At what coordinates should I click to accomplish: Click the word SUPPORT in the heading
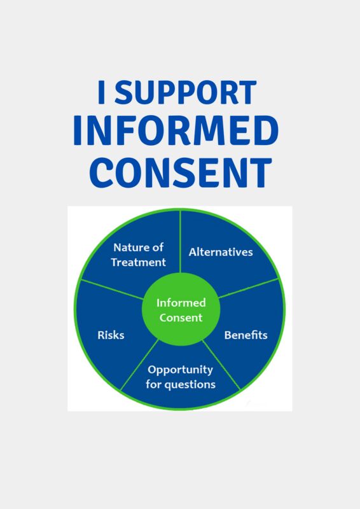pyautogui.click(x=185, y=92)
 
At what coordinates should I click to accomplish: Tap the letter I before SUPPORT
pyautogui.click(x=101, y=92)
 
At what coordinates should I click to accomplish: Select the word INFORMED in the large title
pyautogui.click(x=176, y=130)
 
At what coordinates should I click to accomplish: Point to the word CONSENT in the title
pyautogui.click(x=181, y=172)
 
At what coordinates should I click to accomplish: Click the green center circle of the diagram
pyautogui.click(x=181, y=309)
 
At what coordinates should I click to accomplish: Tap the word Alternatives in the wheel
pyautogui.click(x=221, y=252)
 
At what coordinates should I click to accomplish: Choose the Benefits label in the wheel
pyautogui.click(x=246, y=335)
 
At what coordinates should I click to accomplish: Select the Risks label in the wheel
pyautogui.click(x=111, y=335)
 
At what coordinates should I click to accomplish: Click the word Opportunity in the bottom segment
pyautogui.click(x=180, y=370)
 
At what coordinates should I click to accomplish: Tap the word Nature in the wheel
pyautogui.click(x=129, y=248)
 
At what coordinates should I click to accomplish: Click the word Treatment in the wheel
pyautogui.click(x=138, y=262)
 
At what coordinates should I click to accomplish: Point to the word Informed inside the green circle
pyautogui.click(x=181, y=303)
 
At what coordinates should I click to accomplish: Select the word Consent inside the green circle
pyautogui.click(x=181, y=317)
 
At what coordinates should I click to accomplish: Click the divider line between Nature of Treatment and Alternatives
pyautogui.click(x=180, y=242)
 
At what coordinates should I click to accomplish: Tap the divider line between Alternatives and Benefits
pyautogui.click(x=249, y=288)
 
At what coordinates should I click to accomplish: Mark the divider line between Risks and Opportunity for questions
pyautogui.click(x=139, y=365)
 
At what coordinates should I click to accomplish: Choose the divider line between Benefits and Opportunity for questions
pyautogui.click(x=221, y=365)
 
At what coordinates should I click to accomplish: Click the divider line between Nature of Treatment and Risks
pyautogui.click(x=113, y=289)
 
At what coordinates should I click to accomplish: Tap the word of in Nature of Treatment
pyautogui.click(x=157, y=248)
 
